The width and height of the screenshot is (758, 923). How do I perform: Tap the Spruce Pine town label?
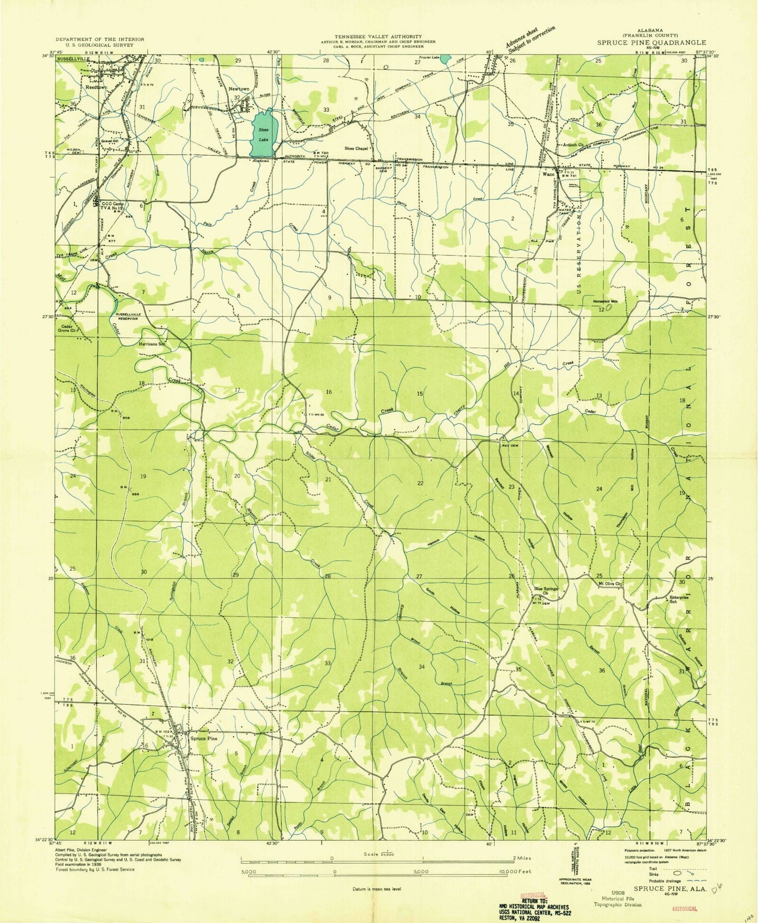pos(204,738)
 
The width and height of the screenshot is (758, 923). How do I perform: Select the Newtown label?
pos(238,89)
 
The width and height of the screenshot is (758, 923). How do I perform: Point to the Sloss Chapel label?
pos(357,148)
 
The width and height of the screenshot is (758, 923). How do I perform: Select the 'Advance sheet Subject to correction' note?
pos(530,38)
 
